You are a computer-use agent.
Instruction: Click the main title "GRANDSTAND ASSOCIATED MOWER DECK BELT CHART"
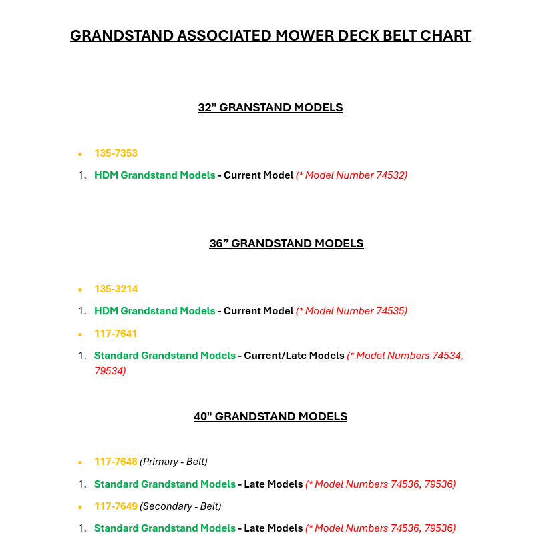[270, 35]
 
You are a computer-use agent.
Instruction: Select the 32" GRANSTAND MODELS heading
[270, 107]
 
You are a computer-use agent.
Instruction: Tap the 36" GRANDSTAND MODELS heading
[287, 243]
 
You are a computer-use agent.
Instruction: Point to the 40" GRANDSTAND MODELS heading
[270, 416]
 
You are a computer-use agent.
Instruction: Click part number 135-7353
[116, 153]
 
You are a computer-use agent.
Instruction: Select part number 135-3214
[116, 289]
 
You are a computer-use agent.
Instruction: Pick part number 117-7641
[116, 334]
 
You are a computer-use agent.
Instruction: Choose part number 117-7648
[116, 462]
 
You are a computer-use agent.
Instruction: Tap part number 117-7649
[116, 506]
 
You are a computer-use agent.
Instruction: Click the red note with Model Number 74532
[351, 175]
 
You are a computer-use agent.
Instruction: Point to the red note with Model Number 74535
[351, 311]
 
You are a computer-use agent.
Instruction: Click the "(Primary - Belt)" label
[174, 462]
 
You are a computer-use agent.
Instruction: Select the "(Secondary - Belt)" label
[180, 506]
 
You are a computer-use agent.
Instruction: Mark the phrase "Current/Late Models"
[294, 356]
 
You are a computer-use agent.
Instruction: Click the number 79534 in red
[110, 370]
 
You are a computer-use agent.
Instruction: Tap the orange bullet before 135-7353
[80, 154]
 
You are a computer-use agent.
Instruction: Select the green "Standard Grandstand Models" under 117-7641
[164, 356]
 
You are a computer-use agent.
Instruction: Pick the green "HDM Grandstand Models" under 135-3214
[154, 311]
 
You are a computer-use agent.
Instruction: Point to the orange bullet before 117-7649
[80, 507]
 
